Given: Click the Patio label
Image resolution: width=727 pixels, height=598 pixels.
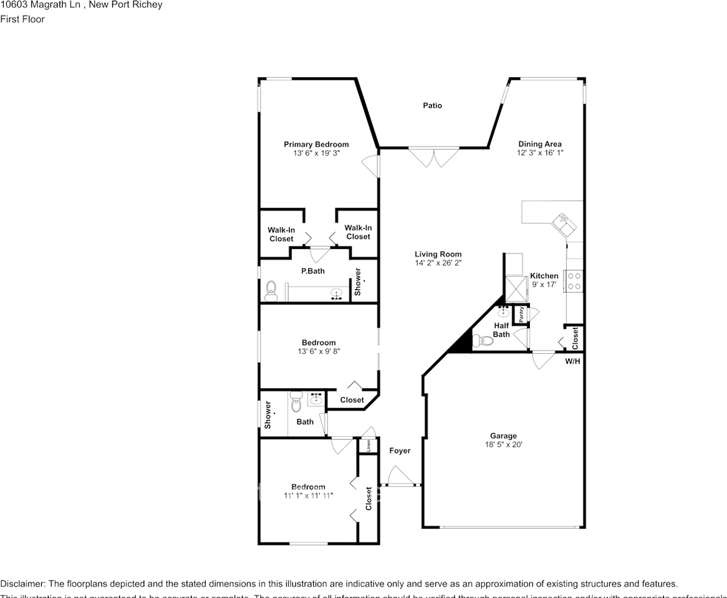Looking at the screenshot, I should pos(432,106).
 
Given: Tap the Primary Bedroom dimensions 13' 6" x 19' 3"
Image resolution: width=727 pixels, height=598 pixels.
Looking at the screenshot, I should pos(316,153).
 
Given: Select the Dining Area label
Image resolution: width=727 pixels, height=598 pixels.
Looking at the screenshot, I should pos(539,144).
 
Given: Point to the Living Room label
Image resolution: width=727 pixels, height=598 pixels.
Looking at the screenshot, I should pos(438,254).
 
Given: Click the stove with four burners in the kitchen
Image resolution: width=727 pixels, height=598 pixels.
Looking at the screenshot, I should pos(573,280).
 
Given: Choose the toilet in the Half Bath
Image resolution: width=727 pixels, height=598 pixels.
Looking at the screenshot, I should pos(483,340).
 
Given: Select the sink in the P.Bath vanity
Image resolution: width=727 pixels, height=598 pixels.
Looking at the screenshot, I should pos(337,294).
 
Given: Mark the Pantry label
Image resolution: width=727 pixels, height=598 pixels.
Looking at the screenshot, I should pos(521,314).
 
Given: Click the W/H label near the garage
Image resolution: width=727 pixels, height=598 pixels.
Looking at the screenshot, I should pos(572,361).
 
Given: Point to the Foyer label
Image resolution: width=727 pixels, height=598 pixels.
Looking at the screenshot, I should pos(400,450).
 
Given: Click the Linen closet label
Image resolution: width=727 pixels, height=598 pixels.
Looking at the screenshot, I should pos(368,446).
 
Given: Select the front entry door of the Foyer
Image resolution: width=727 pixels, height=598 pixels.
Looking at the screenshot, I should pos(399,480).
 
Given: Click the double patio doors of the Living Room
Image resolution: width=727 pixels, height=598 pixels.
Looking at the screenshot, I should pos(433,156).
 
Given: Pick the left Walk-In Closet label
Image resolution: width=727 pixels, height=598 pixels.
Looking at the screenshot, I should pos(281,234).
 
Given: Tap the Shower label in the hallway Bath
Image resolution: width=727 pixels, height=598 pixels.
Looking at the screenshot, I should pos(267,415).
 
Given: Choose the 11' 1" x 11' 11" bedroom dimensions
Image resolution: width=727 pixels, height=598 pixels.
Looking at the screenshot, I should pos(308,496).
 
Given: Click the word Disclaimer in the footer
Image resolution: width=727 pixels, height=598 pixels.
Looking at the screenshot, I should pos(22,584).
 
